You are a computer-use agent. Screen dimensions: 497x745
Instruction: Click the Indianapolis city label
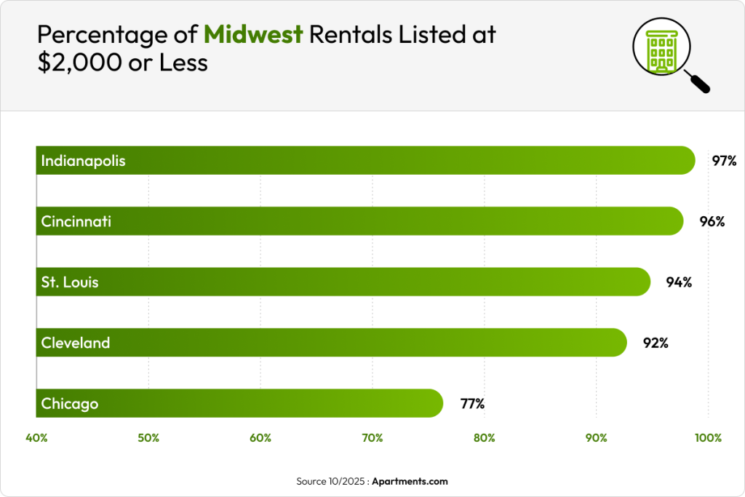83,160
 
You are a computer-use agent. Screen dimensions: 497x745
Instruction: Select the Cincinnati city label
76,220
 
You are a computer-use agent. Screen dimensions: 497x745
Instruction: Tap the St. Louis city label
70,282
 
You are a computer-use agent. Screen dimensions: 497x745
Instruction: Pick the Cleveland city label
76,342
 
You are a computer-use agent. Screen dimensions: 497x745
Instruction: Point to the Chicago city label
70,403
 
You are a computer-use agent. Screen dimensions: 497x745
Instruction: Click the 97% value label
725,161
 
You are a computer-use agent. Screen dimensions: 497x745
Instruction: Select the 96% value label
712,221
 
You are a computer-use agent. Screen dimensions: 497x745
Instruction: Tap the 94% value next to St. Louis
679,282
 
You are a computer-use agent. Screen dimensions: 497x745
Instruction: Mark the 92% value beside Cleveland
656,343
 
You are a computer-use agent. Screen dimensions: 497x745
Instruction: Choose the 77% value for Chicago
472,403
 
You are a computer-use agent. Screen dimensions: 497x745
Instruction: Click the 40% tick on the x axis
36,438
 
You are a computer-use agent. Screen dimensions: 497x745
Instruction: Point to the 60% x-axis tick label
260,438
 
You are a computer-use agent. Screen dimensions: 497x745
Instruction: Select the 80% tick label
484,438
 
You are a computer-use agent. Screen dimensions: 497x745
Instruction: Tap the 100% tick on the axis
708,438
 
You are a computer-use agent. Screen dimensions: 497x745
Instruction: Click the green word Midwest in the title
253,34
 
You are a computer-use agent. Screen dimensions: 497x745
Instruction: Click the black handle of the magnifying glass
699,83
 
